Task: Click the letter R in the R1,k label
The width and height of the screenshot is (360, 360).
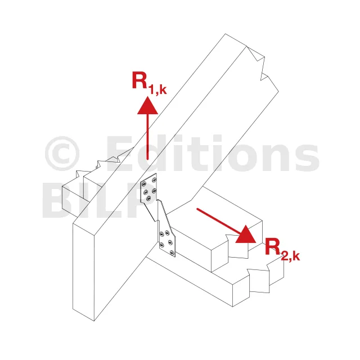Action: [x=140, y=80]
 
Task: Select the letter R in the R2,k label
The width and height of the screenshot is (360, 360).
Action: [x=273, y=246]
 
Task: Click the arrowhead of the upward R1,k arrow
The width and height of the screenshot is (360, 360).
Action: [x=147, y=105]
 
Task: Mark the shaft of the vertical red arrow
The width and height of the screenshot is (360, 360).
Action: [x=147, y=135]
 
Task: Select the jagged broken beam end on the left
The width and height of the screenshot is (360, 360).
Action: [x=93, y=169]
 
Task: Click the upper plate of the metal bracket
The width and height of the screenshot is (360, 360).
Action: [x=150, y=190]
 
